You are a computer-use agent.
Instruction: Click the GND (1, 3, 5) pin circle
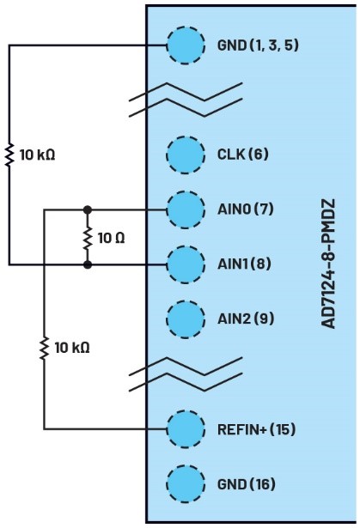click(186, 46)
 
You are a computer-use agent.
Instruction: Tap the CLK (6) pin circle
click(186, 155)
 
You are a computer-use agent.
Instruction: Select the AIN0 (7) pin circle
click(186, 209)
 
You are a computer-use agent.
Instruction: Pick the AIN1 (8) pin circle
click(186, 264)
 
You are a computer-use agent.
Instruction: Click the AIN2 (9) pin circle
click(186, 319)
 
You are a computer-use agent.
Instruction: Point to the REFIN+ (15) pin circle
click(186, 429)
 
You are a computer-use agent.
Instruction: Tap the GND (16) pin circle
click(186, 484)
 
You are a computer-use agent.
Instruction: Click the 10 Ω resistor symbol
click(88, 238)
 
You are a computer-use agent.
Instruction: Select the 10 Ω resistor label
click(111, 238)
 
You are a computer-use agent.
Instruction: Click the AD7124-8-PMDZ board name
click(327, 264)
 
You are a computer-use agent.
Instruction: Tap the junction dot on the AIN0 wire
click(88, 209)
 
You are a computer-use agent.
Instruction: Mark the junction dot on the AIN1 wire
click(88, 264)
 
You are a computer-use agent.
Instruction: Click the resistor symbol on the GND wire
click(9, 155)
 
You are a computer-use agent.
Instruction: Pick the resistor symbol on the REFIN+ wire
click(44, 348)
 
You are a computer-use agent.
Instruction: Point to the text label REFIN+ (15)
click(257, 429)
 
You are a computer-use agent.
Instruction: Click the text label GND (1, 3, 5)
click(259, 46)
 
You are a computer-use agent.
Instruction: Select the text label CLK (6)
click(243, 155)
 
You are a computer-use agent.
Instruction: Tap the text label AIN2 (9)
click(246, 319)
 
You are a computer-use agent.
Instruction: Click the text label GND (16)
click(247, 484)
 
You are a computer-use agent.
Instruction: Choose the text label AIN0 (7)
click(246, 209)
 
